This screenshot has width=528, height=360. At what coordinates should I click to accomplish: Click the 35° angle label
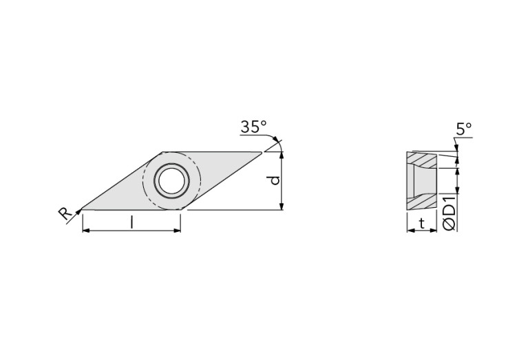[253, 127]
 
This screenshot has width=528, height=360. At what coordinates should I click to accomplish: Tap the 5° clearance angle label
[463, 128]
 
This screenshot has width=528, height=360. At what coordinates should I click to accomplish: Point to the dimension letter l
[131, 221]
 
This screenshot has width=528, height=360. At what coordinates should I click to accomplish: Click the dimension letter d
[274, 180]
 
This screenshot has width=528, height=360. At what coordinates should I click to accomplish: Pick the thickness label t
[421, 222]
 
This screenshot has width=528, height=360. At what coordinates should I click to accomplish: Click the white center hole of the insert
[171, 181]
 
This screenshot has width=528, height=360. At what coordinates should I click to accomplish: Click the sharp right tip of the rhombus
[262, 152]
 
